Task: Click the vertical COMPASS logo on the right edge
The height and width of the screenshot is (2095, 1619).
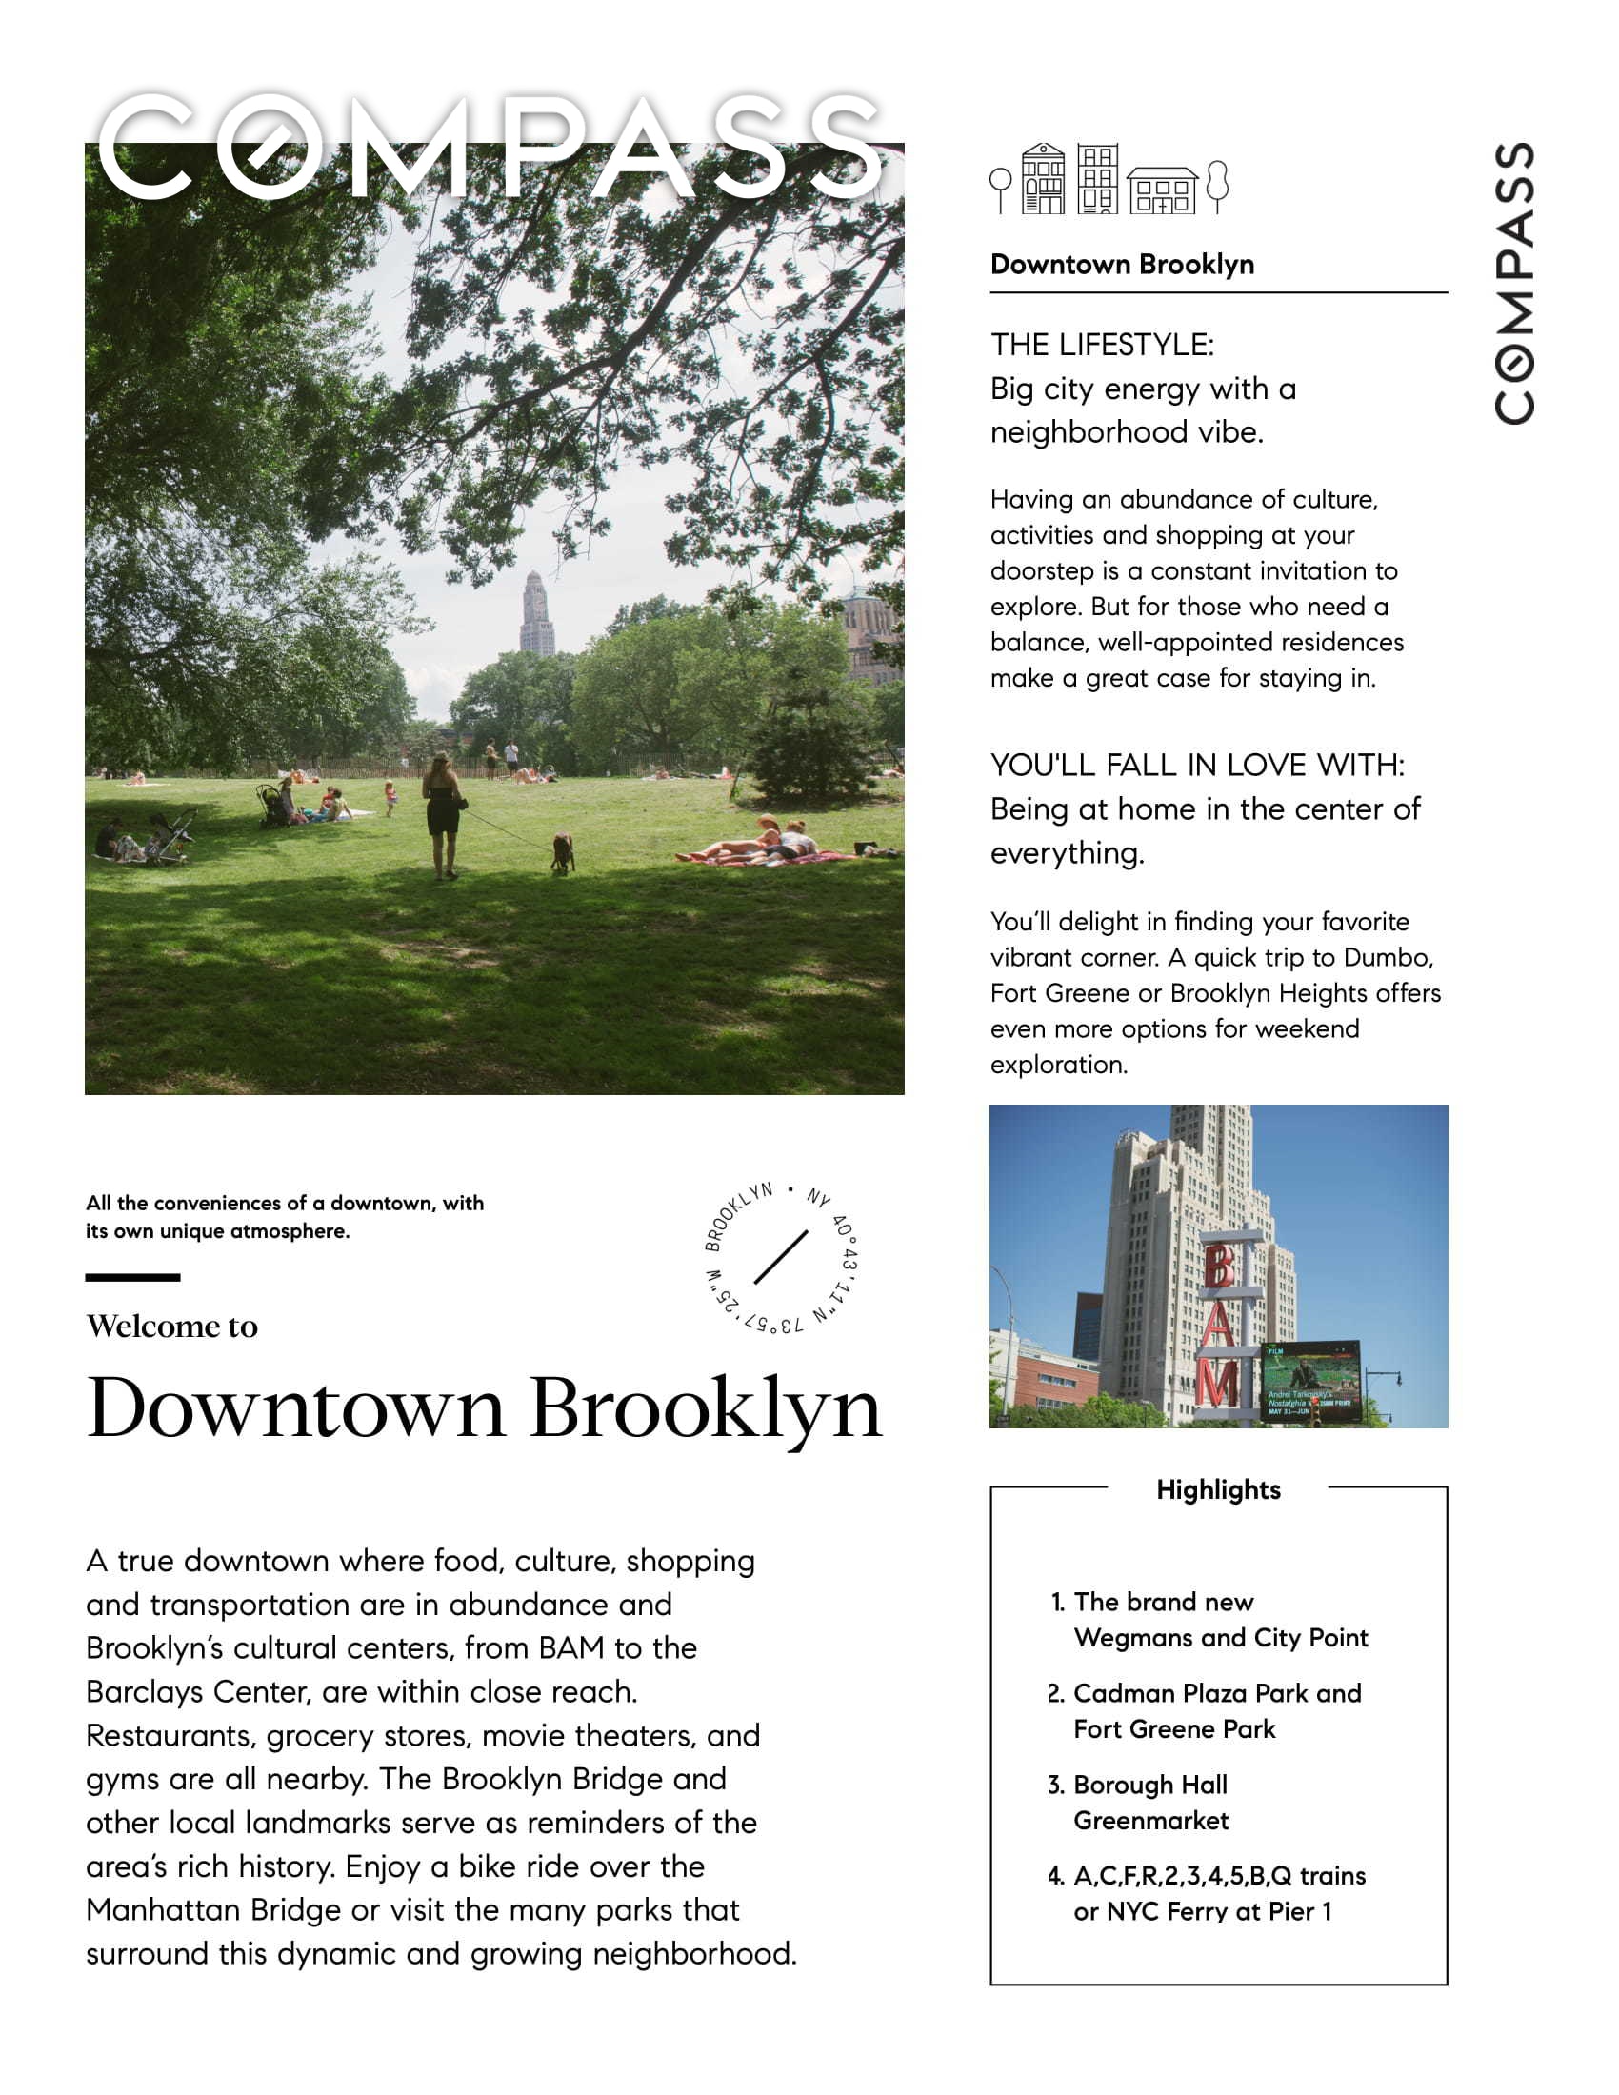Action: click(1513, 282)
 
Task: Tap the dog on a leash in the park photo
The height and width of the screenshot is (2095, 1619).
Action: click(562, 850)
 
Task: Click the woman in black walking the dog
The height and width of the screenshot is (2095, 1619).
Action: click(442, 815)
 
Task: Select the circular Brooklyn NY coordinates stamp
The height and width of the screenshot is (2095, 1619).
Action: click(781, 1258)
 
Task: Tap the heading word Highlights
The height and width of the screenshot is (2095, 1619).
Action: click(1218, 1489)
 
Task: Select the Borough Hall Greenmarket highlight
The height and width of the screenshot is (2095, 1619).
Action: click(1150, 1803)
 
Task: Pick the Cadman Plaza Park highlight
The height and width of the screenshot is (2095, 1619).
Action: click(1216, 1710)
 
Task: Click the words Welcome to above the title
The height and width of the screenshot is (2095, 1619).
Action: click(172, 1326)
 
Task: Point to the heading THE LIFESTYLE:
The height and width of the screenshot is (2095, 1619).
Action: click(1102, 345)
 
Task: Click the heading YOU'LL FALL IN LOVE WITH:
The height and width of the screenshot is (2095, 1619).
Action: click(1197, 765)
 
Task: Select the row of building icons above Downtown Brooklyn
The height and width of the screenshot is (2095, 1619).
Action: click(1109, 179)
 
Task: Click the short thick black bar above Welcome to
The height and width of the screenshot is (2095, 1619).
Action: click(132, 1277)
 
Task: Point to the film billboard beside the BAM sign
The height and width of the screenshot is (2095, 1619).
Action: click(1310, 1382)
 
